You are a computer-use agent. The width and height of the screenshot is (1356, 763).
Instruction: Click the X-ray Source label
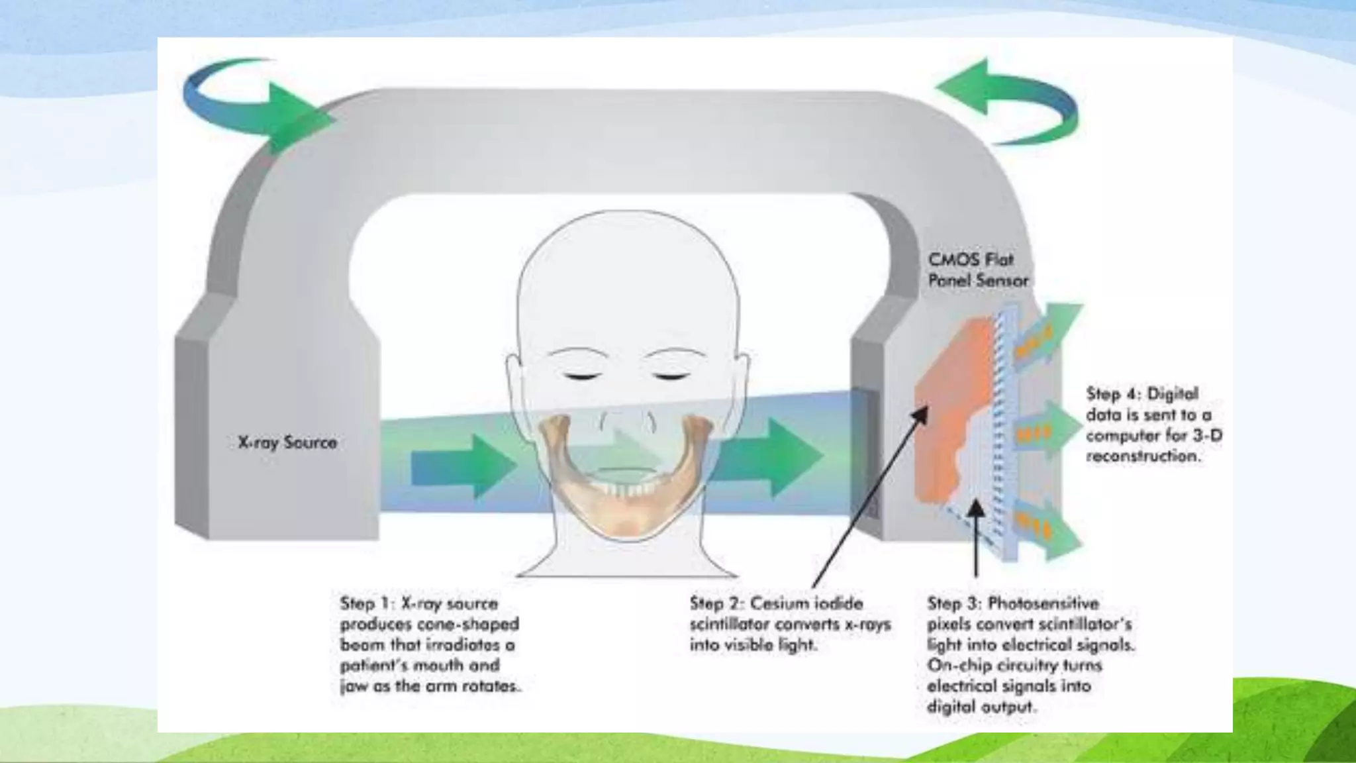click(287, 442)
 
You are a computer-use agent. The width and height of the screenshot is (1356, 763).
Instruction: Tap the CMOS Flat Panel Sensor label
click(977, 270)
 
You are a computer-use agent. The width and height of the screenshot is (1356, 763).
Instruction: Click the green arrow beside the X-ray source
click(463, 468)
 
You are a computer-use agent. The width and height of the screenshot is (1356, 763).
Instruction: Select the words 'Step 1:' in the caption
click(366, 603)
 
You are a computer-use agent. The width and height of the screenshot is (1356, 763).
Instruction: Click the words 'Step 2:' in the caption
click(716, 603)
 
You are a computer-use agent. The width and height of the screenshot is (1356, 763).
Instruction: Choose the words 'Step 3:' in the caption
click(953, 603)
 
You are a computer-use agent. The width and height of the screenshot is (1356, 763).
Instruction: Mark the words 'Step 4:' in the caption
click(1112, 394)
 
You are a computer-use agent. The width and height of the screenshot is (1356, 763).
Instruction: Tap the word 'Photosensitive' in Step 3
click(1043, 603)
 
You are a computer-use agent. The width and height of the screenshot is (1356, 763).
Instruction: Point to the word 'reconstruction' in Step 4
click(1142, 456)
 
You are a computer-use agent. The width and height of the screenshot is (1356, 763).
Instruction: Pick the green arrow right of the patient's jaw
click(768, 457)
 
